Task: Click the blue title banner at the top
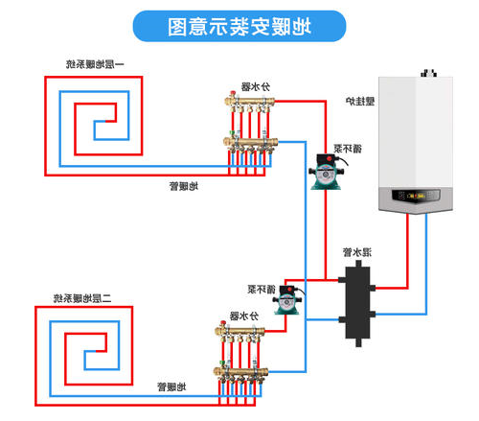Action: click(239, 26)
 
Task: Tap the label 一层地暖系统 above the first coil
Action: click(95, 64)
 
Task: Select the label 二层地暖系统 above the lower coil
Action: click(82, 298)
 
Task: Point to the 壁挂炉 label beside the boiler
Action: click(360, 102)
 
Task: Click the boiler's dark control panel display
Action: click(416, 196)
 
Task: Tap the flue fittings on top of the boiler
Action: click(428, 73)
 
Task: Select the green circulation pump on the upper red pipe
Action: click(326, 172)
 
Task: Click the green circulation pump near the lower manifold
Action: click(287, 300)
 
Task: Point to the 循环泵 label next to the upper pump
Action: click(348, 149)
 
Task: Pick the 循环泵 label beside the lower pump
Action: click(262, 290)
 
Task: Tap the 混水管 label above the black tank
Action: click(356, 252)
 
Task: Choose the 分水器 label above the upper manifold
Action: click(255, 86)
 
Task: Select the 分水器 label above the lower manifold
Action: click(244, 316)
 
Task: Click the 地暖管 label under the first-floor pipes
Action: click(184, 186)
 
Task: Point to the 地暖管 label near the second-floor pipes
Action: click(171, 387)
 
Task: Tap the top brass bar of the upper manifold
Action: click(250, 102)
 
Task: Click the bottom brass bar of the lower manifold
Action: click(240, 372)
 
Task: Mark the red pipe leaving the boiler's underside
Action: click(408, 251)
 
